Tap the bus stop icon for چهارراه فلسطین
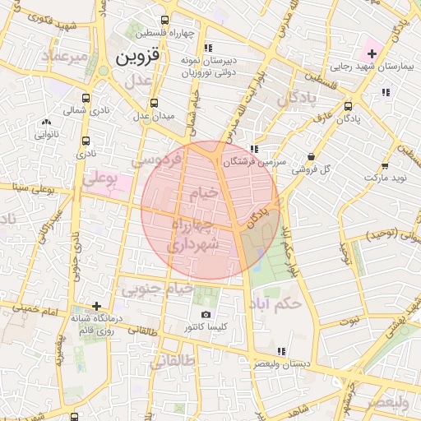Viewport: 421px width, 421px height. pyautogui.click(x=165, y=21)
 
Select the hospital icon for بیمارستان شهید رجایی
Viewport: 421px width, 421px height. pyautogui.click(x=372, y=53)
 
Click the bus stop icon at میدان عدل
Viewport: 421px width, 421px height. pyautogui.click(x=154, y=103)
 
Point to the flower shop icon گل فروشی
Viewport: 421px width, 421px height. pyautogui.click(x=311, y=156)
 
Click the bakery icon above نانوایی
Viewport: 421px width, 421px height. pyautogui.click(x=45, y=122)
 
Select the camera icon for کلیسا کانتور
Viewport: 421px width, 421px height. pyautogui.click(x=206, y=314)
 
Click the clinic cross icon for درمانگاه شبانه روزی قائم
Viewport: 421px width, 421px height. pyautogui.click(x=97, y=306)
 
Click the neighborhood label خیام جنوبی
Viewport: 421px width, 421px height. pyautogui.click(x=158, y=289)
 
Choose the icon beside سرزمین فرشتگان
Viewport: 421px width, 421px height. pyautogui.click(x=254, y=149)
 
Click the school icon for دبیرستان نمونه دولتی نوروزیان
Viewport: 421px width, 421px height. pyautogui.click(x=208, y=48)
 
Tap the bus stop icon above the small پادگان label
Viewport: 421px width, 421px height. pyautogui.click(x=349, y=105)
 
